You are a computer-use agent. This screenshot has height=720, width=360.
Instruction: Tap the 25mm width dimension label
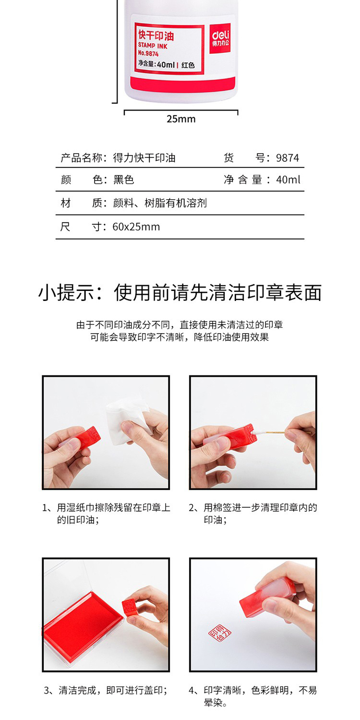181,119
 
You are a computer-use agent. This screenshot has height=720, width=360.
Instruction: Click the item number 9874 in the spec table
288,158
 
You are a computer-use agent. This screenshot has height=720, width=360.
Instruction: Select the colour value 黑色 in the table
123,180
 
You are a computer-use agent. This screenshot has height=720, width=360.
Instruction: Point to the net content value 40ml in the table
288,180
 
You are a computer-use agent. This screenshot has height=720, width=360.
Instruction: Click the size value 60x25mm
136,227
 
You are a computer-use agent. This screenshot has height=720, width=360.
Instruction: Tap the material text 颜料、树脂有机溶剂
160,203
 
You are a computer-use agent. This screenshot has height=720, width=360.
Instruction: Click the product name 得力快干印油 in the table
144,158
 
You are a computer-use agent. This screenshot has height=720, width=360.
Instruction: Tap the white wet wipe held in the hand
129,418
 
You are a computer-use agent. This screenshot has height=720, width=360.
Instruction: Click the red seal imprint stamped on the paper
220,634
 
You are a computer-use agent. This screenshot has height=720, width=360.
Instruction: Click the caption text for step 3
106,690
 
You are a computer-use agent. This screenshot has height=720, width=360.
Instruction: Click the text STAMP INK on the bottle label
153,46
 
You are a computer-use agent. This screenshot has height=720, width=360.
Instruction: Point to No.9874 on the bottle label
148,53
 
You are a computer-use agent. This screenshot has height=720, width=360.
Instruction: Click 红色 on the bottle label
188,65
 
